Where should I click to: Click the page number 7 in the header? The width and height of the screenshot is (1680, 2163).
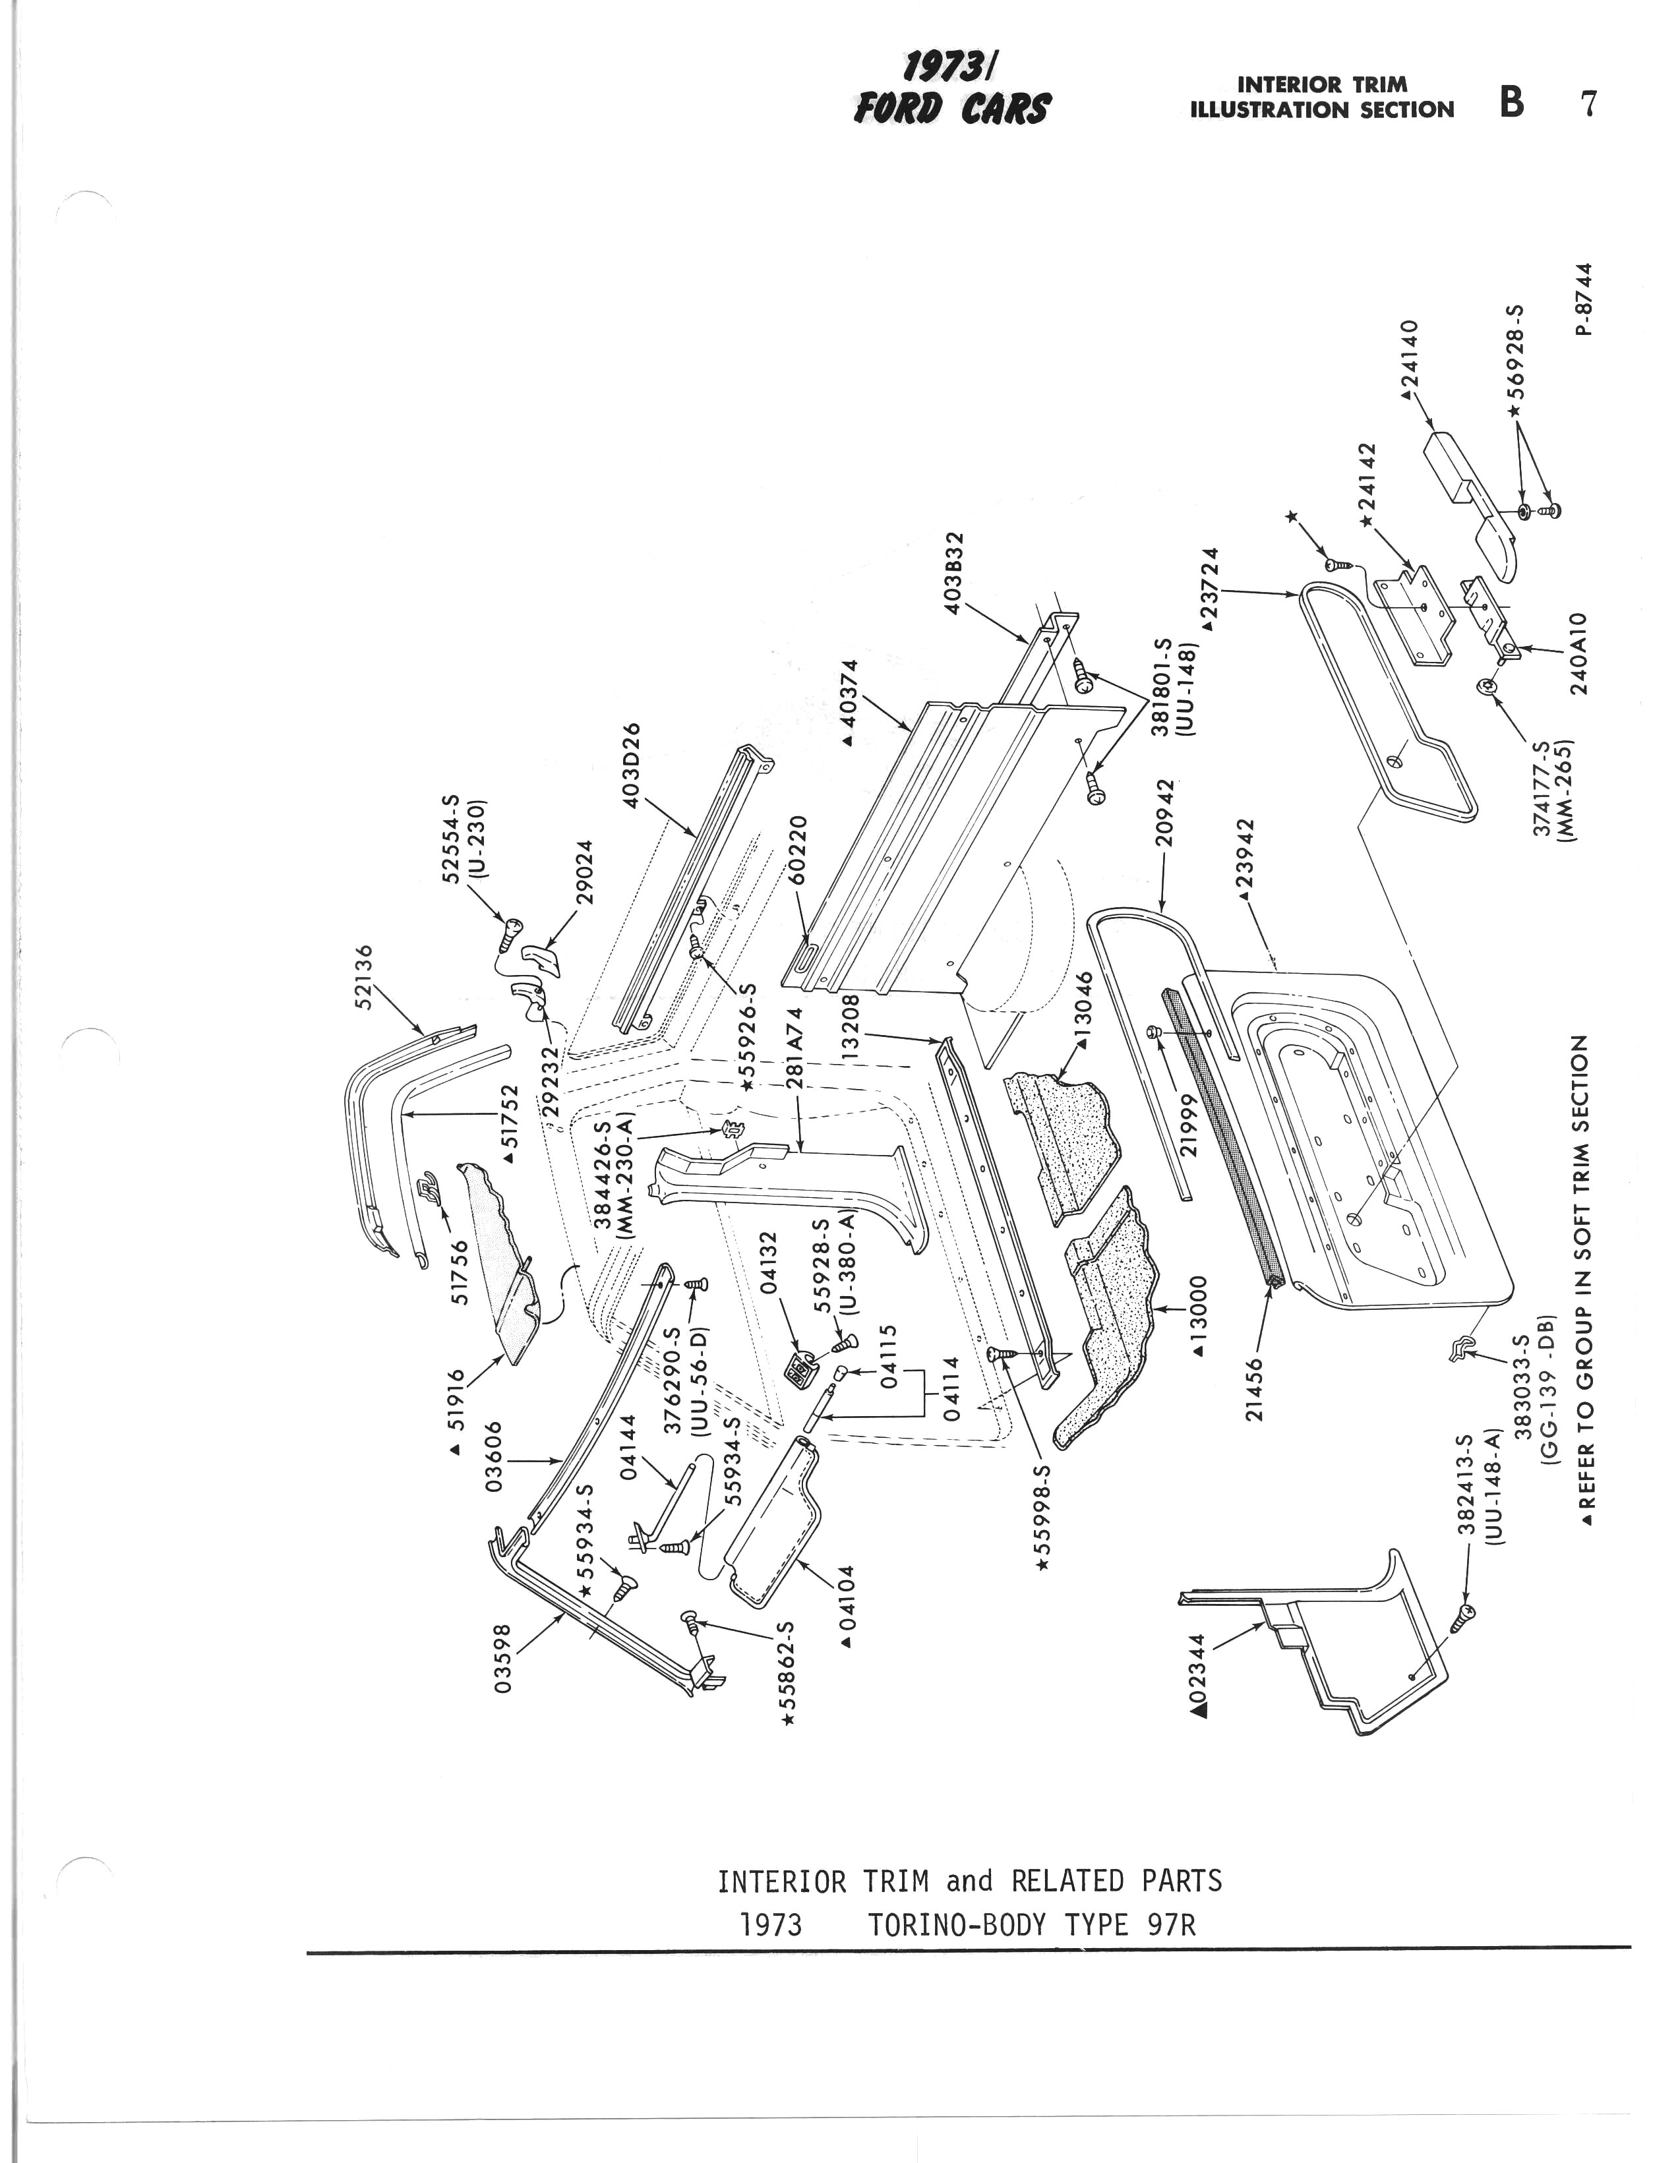(x=1589, y=103)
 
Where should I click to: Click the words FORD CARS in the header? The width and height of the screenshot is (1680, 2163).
(x=950, y=108)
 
